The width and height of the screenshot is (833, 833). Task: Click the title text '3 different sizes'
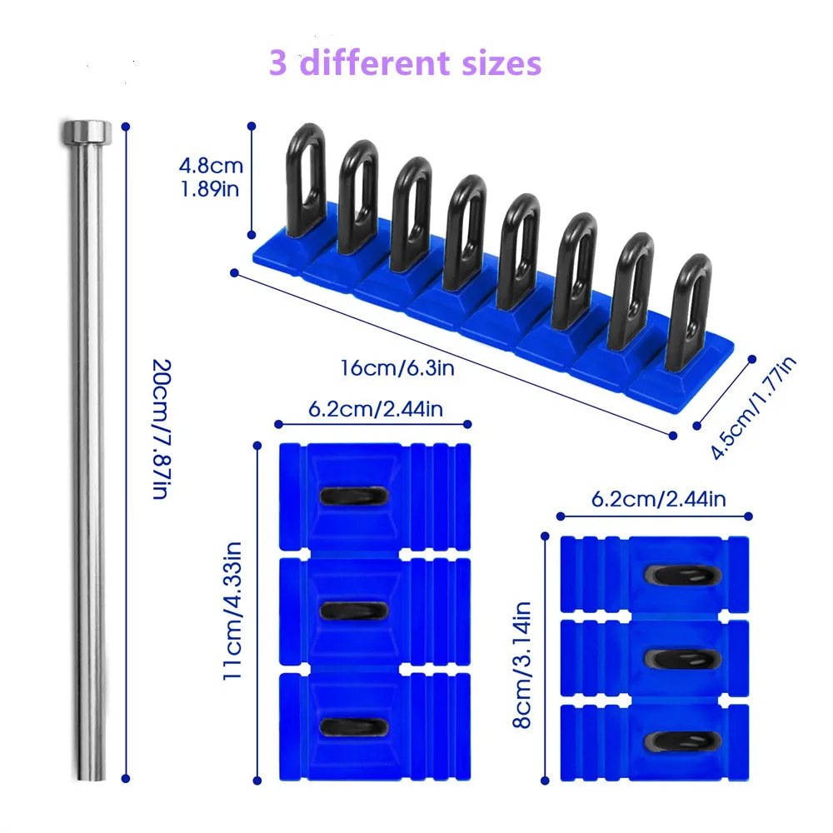406,63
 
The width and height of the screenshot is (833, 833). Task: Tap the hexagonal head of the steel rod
87,131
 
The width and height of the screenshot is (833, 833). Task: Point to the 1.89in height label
210,188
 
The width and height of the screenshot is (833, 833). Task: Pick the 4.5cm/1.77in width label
754,407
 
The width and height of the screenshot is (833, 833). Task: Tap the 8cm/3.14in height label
522,665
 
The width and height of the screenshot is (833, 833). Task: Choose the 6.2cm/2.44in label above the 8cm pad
658,499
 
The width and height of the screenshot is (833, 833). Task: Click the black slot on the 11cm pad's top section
354,496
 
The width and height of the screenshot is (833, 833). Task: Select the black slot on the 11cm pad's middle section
354,611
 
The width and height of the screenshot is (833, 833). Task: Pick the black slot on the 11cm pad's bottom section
354,726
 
